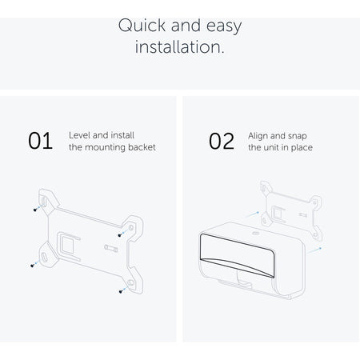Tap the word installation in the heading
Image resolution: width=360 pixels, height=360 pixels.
pyautogui.click(x=180, y=47)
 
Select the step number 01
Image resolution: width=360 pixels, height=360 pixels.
pyautogui.click(x=40, y=141)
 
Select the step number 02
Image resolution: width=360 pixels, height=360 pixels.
pyautogui.click(x=222, y=141)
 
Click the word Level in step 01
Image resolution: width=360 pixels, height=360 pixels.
pyautogui.click(x=79, y=135)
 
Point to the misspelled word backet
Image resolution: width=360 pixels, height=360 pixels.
pyautogui.click(x=142, y=147)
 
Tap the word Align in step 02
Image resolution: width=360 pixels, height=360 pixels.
pyautogui.click(x=258, y=136)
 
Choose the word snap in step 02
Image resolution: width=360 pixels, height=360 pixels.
pyautogui.click(x=298, y=137)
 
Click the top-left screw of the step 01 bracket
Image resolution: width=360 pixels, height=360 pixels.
pyautogui.click(x=35, y=210)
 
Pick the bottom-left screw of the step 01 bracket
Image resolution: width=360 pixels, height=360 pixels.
pyautogui.click(x=32, y=266)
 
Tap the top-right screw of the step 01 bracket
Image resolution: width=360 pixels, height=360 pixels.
pyautogui.click(x=120, y=235)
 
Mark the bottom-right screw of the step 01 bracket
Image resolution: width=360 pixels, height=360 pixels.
pyautogui.click(x=121, y=291)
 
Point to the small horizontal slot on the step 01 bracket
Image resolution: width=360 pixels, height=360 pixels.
pyautogui.click(x=111, y=249)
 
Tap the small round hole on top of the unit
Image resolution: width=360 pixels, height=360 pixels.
pyautogui.click(x=256, y=234)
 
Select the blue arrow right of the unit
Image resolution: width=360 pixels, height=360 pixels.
pyautogui.click(x=314, y=250)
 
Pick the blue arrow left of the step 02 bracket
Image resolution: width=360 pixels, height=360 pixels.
pyautogui.click(x=251, y=214)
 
